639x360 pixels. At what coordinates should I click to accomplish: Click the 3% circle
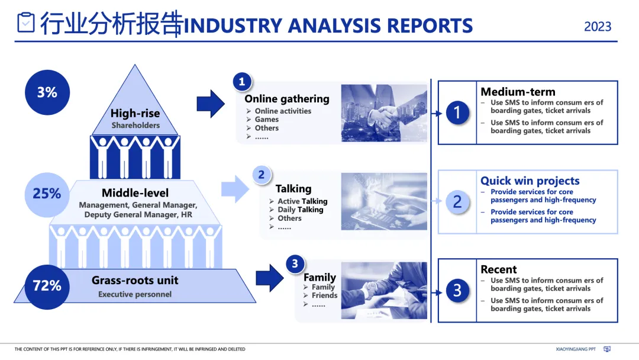pyautogui.click(x=47, y=92)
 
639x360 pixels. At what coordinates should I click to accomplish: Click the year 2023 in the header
pyautogui.click(x=598, y=27)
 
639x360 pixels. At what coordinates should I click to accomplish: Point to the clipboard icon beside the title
pyautogui.click(x=25, y=22)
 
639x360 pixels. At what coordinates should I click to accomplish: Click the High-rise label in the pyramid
pyautogui.click(x=135, y=113)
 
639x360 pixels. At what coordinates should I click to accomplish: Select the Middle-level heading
pyautogui.click(x=135, y=193)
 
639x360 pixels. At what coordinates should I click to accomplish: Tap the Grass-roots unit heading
pyautogui.click(x=135, y=281)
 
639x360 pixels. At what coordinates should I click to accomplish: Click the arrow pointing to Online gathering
pyautogui.click(x=211, y=104)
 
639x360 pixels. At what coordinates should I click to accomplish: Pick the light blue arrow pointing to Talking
pyautogui.click(x=235, y=189)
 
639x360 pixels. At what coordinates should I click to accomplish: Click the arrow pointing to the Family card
pyautogui.click(x=270, y=278)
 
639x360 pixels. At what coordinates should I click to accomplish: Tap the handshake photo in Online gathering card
pyautogui.click(x=384, y=113)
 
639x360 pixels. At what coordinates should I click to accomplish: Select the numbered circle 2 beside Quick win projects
pyautogui.click(x=457, y=202)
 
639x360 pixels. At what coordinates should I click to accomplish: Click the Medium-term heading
pyautogui.click(x=518, y=92)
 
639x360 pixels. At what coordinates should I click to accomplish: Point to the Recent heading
pyautogui.click(x=498, y=269)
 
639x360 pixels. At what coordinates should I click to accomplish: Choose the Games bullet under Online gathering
pyautogui.click(x=267, y=120)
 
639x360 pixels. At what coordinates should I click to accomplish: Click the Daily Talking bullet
pyautogui.click(x=301, y=210)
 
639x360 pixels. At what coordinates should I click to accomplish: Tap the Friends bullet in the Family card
pyautogui.click(x=324, y=295)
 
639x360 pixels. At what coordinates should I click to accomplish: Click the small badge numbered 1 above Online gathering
pyautogui.click(x=242, y=82)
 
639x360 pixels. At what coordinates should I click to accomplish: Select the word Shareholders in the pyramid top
pyautogui.click(x=135, y=126)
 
